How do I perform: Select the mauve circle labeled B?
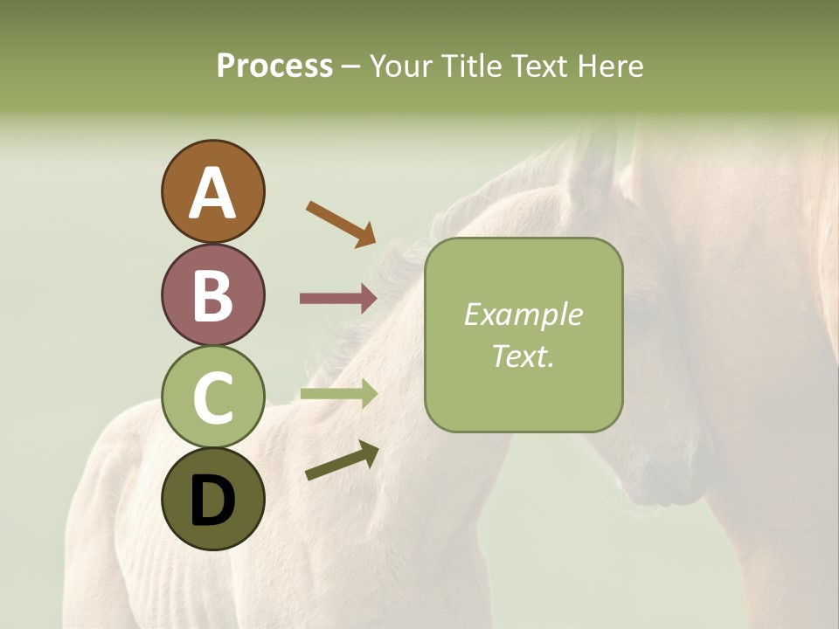click(x=212, y=295)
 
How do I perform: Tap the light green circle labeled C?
click(x=212, y=397)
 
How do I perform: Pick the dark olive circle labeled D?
click(x=212, y=500)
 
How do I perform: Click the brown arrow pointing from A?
click(x=341, y=223)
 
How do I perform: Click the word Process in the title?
click(x=274, y=66)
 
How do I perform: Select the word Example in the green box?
click(x=523, y=315)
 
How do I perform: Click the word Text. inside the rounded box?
click(x=523, y=356)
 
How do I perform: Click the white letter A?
click(x=212, y=194)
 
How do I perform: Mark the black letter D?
click(x=212, y=501)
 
